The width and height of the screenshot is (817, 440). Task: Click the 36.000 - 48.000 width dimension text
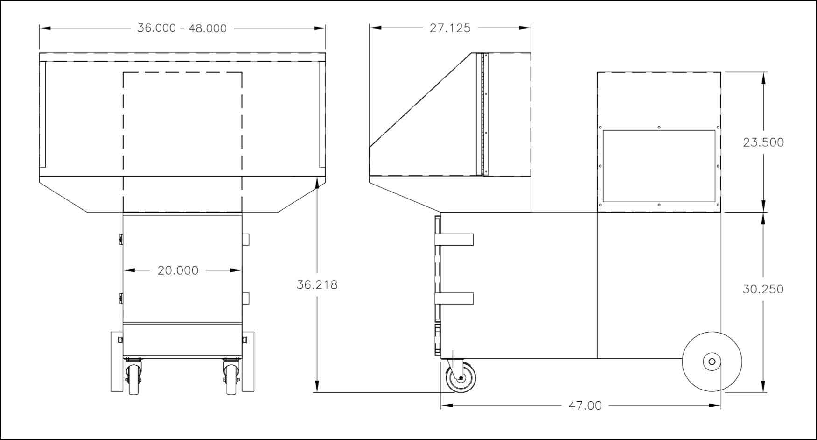tap(182, 28)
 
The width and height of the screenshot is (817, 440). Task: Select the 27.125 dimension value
tap(450, 28)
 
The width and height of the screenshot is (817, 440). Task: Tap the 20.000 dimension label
tap(178, 270)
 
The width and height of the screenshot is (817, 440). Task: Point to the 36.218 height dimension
tap(317, 284)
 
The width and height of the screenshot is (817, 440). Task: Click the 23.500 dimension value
tap(763, 142)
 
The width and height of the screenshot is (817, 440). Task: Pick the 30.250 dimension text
tap(763, 290)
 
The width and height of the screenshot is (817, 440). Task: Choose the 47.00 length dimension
tap(585, 405)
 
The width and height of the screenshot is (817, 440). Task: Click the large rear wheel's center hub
tap(712, 362)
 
